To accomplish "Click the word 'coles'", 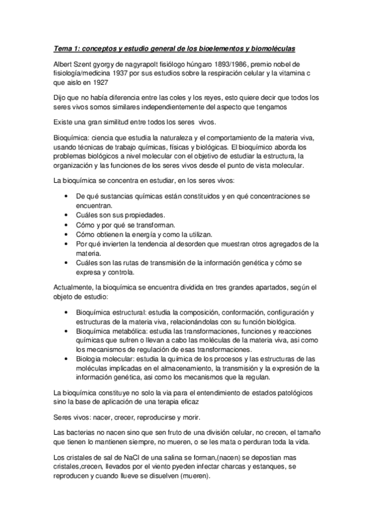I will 186,97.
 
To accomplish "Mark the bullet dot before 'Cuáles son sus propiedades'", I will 67,213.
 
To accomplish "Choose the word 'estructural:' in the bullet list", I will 134,312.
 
